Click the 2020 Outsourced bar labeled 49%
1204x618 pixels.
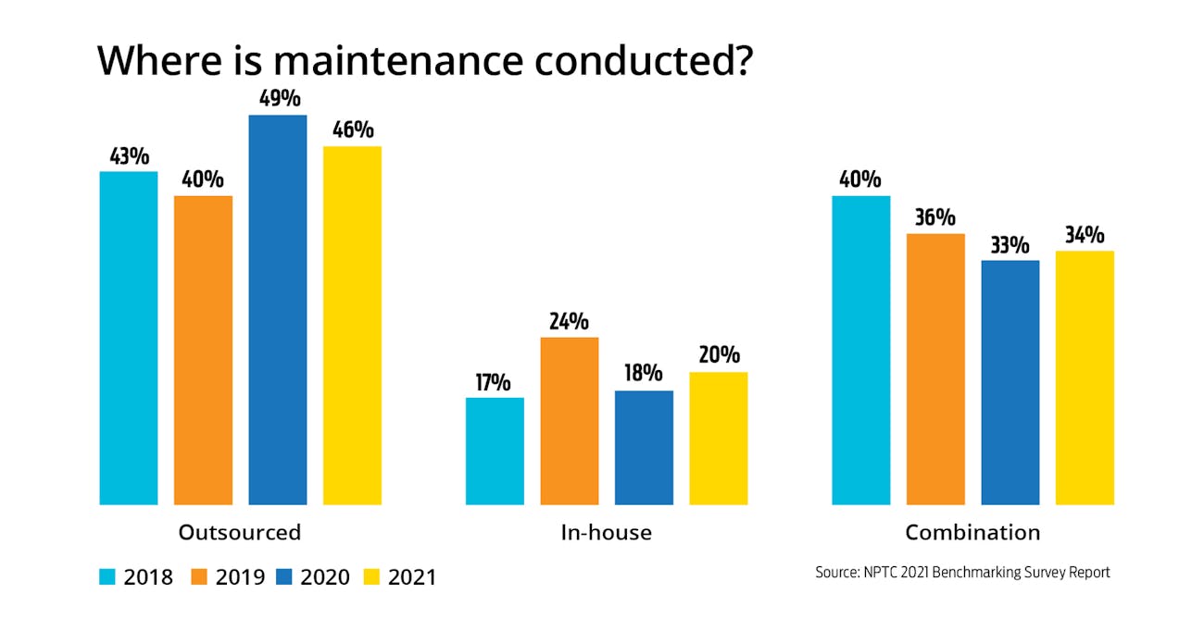(277, 310)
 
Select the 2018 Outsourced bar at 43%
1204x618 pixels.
(129, 338)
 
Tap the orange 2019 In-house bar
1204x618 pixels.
(570, 421)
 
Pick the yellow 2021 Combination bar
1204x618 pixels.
(1085, 377)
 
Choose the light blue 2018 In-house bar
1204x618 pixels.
(495, 451)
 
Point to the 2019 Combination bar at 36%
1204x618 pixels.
(935, 369)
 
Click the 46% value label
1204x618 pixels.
(352, 130)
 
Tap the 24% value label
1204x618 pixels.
(570, 322)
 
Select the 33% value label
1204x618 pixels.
(1010, 245)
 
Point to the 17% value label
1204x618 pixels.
(495, 382)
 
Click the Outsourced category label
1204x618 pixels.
(240, 533)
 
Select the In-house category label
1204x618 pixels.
(606, 533)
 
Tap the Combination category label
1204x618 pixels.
(972, 533)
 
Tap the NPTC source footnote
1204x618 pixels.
(962, 573)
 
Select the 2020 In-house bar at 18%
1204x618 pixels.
(644, 448)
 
